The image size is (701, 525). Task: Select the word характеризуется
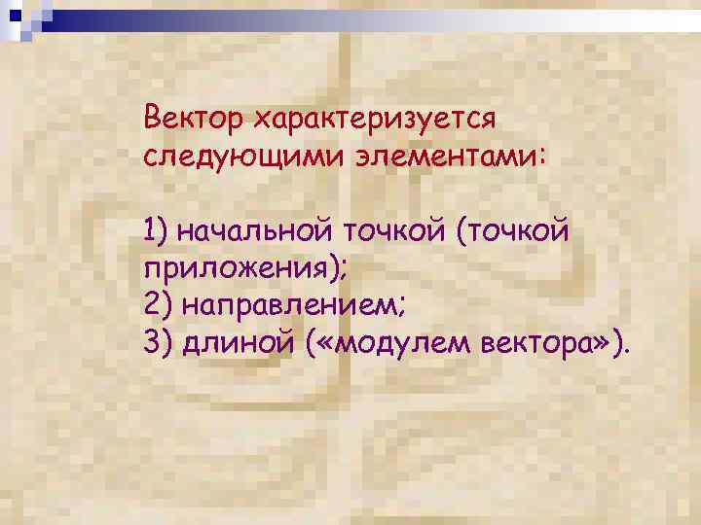[375, 121]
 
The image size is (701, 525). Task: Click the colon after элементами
[541, 157]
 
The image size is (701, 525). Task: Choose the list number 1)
[157, 232]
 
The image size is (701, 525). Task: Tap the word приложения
[234, 269]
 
